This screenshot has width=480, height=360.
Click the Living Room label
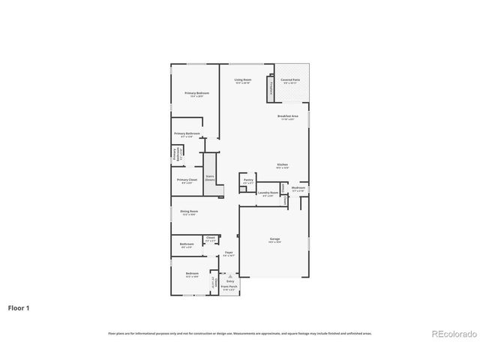point(242,79)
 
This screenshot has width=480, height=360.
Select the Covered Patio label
point(290,79)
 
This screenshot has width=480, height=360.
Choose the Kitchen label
point(282,165)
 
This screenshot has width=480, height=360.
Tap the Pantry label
point(248,180)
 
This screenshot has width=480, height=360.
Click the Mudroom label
point(298,188)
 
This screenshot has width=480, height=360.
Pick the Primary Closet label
point(187,180)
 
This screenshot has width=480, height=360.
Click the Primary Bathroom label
point(187,133)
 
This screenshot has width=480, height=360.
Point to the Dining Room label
point(189,212)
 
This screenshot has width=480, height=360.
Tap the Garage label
point(275,240)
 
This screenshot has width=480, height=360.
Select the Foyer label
point(229,253)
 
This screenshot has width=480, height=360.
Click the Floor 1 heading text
point(19,307)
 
